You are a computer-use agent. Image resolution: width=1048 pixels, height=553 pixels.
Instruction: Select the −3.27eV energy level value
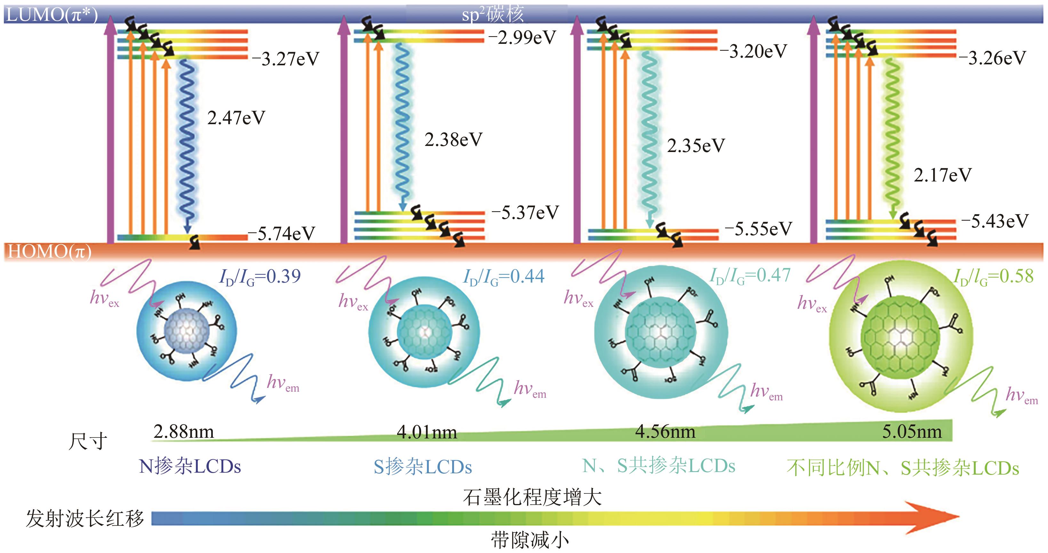click(285, 59)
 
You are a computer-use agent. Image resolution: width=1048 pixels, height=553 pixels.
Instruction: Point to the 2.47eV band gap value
click(236, 118)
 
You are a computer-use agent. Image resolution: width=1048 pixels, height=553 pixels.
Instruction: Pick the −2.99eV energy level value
click(522, 38)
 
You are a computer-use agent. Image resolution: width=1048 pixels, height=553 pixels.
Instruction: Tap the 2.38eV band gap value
click(453, 140)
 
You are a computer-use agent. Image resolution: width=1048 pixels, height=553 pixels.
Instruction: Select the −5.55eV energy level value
click(758, 229)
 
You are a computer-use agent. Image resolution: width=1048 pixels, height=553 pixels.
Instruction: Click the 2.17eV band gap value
click(942, 175)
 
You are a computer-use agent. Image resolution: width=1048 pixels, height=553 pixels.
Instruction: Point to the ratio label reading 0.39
click(260, 277)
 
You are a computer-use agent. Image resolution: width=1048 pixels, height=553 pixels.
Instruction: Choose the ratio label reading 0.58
click(993, 277)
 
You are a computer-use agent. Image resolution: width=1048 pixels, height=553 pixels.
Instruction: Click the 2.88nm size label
click(183, 431)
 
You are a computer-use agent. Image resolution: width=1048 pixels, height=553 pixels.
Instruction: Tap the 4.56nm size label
click(665, 431)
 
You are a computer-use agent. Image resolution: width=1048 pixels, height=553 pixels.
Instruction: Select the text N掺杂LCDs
click(190, 466)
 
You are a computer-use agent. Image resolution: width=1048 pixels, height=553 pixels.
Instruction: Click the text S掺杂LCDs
click(423, 467)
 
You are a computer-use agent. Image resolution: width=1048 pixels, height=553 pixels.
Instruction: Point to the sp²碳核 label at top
click(493, 15)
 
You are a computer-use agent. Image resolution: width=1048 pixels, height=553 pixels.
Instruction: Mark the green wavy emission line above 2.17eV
click(892, 134)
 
